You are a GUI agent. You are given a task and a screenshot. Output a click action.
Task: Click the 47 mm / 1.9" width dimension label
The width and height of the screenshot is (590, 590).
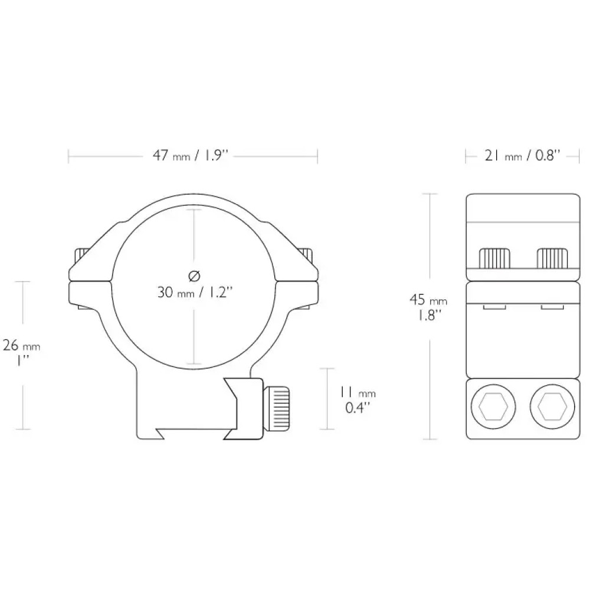pos(191,156)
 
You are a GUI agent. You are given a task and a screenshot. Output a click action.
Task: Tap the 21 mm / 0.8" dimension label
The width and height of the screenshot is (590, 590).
pos(522,156)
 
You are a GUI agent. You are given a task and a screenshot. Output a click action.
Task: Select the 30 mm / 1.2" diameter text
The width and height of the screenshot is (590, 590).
pos(195,293)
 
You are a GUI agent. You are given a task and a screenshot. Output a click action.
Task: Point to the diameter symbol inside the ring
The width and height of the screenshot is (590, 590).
pos(194,277)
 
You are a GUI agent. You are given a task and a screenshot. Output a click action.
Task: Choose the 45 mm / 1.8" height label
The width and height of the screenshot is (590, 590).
pos(428,307)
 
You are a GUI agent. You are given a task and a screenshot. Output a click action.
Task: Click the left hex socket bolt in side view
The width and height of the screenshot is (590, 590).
pos(493,407)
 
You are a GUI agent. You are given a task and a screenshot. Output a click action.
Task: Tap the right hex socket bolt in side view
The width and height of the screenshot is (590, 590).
pos(552,407)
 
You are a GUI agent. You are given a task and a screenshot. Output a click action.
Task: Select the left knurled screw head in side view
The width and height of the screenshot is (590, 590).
pos(494,258)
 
